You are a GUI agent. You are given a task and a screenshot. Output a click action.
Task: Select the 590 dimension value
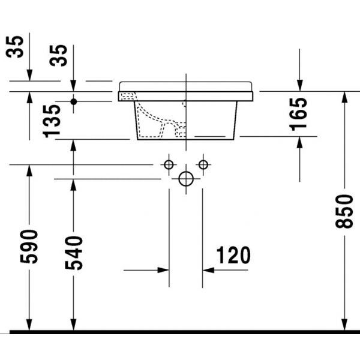click(x=30, y=246)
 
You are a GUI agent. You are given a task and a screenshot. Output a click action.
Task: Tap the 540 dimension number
click(x=74, y=252)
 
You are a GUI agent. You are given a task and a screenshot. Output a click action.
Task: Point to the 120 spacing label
click(x=230, y=256)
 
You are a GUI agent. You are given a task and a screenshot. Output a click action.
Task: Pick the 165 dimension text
click(x=298, y=115)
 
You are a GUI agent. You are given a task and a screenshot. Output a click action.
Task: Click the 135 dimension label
click(x=53, y=119)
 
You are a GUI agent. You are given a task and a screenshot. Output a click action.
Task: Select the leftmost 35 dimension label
click(x=18, y=47)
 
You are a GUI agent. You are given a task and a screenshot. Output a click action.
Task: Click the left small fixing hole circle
click(x=169, y=164)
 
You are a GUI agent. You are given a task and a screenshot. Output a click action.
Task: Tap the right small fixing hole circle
click(x=203, y=164)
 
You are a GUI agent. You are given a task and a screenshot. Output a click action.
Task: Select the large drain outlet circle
click(x=186, y=178)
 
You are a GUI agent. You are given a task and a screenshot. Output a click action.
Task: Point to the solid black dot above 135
click(x=73, y=101)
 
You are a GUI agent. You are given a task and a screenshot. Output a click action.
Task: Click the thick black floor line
click(x=180, y=331)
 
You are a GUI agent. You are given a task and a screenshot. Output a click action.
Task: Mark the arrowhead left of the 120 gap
click(x=164, y=270)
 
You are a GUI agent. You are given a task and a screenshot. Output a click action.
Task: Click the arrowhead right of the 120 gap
click(x=208, y=270)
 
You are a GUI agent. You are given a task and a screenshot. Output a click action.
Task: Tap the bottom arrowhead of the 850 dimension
click(x=344, y=323)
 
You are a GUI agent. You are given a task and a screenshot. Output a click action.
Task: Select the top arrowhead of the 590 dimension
click(x=28, y=170)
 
